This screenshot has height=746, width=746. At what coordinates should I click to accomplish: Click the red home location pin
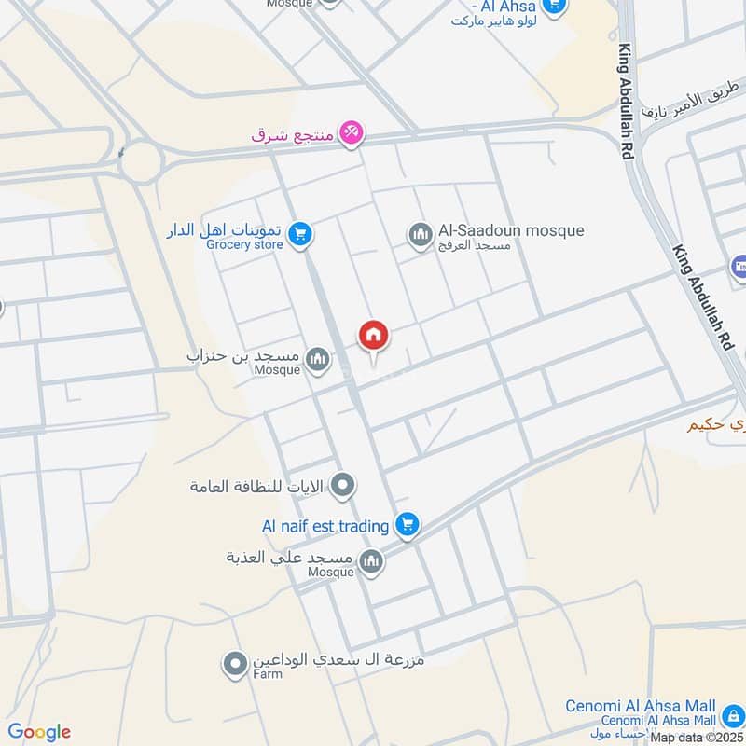[374, 335]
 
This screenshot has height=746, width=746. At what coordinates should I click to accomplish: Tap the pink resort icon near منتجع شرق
[351, 133]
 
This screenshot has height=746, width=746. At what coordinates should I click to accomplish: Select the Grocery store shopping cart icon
[299, 233]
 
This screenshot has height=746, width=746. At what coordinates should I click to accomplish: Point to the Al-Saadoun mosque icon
[420, 234]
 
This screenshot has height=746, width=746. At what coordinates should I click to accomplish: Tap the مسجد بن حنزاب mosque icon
[318, 359]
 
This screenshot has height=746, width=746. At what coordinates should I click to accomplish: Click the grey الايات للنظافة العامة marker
[343, 484]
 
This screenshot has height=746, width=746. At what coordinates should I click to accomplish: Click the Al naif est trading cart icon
[406, 525]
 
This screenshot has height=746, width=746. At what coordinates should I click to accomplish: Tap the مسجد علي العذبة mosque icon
[371, 560]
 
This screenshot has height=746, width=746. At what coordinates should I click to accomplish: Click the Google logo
[39, 732]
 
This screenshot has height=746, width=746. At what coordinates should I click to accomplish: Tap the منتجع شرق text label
[292, 134]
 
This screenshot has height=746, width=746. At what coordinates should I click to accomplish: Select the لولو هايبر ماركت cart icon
[554, 6]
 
